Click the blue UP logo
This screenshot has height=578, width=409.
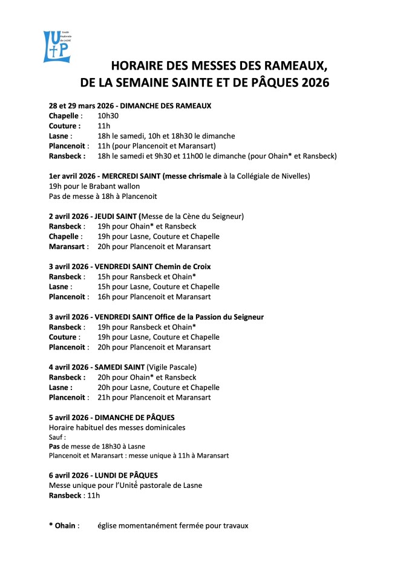[56, 46]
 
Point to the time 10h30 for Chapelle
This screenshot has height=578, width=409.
[108, 115]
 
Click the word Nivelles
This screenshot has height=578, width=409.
[293, 176]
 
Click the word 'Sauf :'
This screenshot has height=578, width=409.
[57, 437]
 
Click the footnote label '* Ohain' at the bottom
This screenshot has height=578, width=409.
[62, 525]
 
